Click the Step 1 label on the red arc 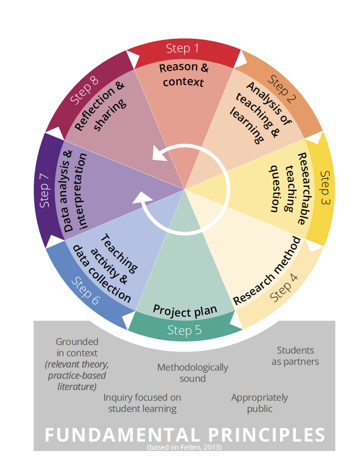(182, 48)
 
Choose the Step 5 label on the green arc (184, 331)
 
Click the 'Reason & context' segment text (184, 75)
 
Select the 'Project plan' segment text (185, 310)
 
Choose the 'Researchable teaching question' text (288, 189)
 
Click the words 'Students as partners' (295, 356)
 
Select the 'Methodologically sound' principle (193, 373)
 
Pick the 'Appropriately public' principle (259, 403)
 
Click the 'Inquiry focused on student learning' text (142, 403)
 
